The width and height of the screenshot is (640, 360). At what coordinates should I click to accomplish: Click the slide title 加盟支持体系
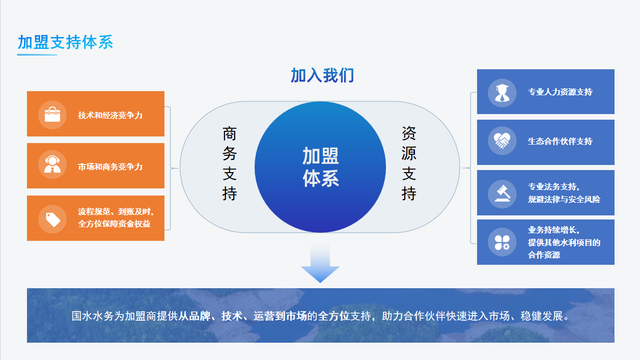click(x=66, y=42)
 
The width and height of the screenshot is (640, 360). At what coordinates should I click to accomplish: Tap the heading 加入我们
click(x=322, y=76)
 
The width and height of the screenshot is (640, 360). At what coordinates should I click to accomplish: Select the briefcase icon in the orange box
click(x=52, y=115)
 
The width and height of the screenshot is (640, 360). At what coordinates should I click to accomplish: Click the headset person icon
click(x=52, y=164)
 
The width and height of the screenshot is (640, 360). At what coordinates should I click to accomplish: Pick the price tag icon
click(x=53, y=219)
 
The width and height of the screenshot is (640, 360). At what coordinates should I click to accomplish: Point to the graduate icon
click(x=502, y=93)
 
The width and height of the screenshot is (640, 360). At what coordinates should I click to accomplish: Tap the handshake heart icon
click(x=502, y=141)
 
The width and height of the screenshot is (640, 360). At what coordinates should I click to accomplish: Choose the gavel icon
click(x=503, y=193)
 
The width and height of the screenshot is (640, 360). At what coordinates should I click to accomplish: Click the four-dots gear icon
click(x=502, y=242)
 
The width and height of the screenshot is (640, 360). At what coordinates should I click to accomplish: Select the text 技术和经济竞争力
click(x=110, y=115)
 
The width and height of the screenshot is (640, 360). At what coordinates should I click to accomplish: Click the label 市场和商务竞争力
click(x=110, y=167)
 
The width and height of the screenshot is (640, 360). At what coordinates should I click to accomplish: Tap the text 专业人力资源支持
click(x=560, y=92)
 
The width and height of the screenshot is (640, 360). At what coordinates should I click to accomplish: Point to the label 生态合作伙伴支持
click(x=560, y=141)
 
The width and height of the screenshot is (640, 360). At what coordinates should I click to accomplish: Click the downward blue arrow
click(x=320, y=262)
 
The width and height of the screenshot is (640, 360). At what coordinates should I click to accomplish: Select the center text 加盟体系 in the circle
click(x=321, y=167)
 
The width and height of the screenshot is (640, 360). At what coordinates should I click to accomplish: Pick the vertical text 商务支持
click(x=230, y=163)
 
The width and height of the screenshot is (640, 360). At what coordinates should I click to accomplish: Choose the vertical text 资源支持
click(x=409, y=163)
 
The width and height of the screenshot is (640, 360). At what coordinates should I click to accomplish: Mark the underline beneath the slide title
click(x=37, y=54)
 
